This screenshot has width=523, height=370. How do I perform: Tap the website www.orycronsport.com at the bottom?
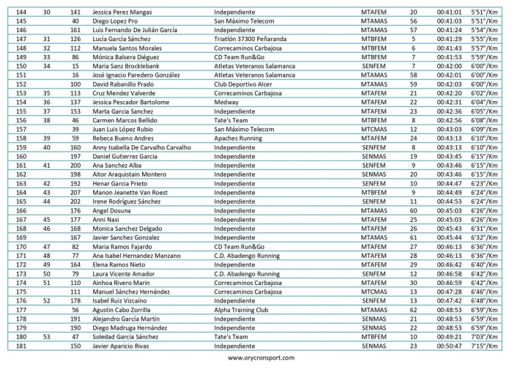tap(261, 358)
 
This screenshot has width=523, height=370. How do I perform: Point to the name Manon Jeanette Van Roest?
tap(130, 192)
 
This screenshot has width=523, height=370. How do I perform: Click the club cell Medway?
tap(227, 103)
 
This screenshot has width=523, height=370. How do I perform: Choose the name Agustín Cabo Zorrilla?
tap(126, 310)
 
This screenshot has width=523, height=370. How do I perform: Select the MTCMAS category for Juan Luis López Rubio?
tap(374, 129)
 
